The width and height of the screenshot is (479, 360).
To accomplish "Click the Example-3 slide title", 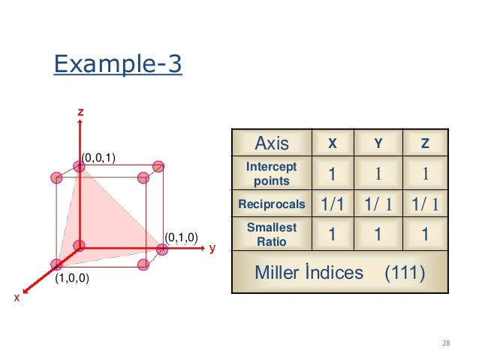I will (x=118, y=65).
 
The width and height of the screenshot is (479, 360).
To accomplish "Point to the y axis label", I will (x=212, y=247).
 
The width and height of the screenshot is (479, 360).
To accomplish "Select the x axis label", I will (x=17, y=298).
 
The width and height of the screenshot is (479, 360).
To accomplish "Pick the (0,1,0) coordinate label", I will (x=181, y=237).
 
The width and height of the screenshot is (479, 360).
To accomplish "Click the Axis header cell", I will (x=272, y=143).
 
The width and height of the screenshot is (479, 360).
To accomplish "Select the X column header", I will (x=333, y=143).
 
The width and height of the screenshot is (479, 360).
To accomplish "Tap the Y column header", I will (x=380, y=143).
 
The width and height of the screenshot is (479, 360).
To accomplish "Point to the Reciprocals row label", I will (x=272, y=204).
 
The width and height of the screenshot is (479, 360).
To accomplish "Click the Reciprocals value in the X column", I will (x=333, y=204).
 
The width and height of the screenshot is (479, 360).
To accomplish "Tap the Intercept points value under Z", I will (x=425, y=174).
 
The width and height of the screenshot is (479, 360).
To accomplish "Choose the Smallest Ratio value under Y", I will (x=380, y=234).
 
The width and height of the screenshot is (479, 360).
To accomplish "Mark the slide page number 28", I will (x=446, y=343).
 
